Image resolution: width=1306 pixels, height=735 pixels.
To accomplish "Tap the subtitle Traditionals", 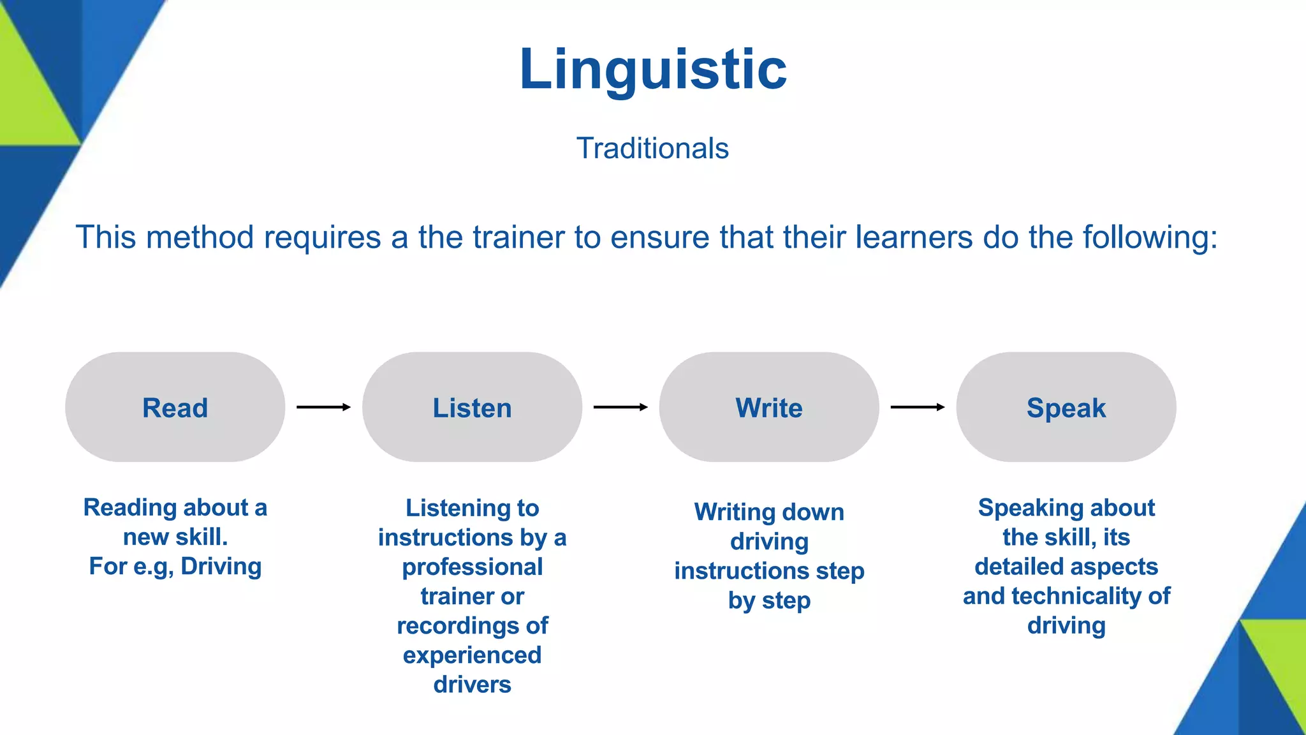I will pos(652,149).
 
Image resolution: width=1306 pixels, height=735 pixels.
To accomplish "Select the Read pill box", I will pos(175,407).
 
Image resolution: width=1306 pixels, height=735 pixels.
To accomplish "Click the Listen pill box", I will pos(472,407).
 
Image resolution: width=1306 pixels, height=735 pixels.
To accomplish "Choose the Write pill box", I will pos(769,407).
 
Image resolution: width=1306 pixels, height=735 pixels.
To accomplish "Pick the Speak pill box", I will pos(1066,407).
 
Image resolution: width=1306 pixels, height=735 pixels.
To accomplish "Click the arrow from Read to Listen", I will pos(323,407).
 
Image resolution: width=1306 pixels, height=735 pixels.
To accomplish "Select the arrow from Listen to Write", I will pos(620,407).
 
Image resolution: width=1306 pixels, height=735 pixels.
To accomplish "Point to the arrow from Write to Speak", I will pos(917,407).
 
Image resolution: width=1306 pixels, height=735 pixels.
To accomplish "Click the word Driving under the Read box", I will pos(221,567).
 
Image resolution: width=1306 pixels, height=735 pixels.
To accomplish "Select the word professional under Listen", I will pos(472,567).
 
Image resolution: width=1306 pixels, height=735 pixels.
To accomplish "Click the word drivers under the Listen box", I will pos(472,685).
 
